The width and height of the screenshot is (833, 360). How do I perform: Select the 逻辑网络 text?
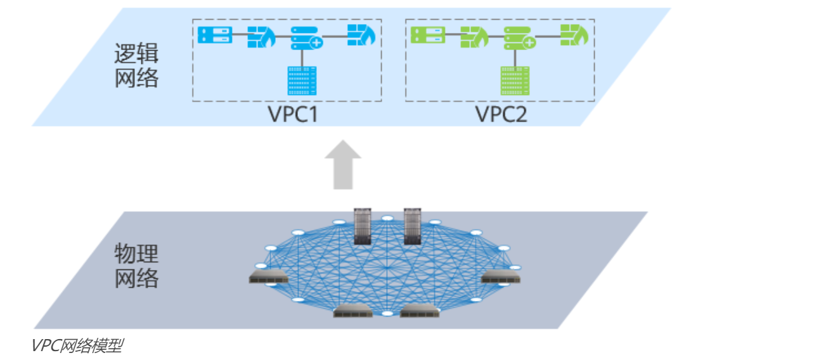pyautogui.click(x=136, y=66)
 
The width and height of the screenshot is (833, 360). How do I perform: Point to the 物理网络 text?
pyautogui.click(x=136, y=266)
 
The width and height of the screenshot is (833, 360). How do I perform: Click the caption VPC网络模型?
pyautogui.click(x=77, y=346)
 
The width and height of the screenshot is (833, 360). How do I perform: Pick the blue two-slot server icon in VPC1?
pyautogui.click(x=214, y=35)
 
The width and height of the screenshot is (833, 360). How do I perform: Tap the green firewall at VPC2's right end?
pyautogui.click(x=574, y=35)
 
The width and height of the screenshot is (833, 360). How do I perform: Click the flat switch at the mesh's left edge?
pyautogui.click(x=268, y=277)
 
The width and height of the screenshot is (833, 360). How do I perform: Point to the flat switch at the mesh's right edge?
pyautogui.click(x=501, y=277)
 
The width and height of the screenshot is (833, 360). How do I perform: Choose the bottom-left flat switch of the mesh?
pyautogui.click(x=353, y=311)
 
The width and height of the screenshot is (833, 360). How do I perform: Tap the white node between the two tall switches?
pyautogui.click(x=387, y=219)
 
